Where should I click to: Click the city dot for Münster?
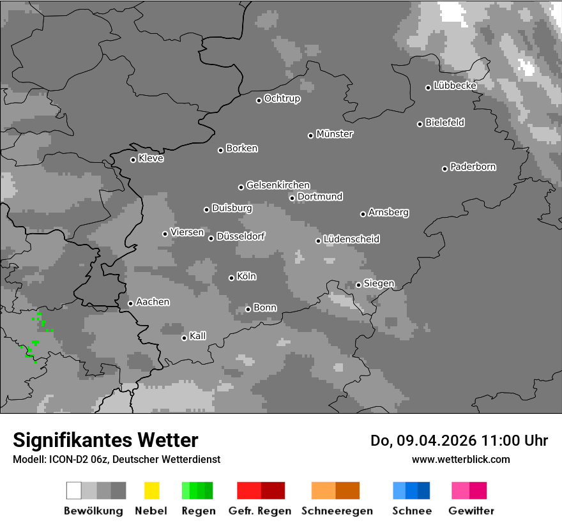click(311, 135)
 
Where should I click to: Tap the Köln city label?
click(247, 276)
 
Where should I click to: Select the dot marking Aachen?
click(130, 303)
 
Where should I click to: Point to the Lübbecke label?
click(455, 86)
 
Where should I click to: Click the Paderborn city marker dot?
click(445, 169)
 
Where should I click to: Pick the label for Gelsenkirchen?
click(278, 185)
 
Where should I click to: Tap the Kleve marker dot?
click(133, 160)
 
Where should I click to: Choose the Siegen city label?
click(379, 284)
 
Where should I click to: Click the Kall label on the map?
click(198, 336)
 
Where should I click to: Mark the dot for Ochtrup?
click(259, 100)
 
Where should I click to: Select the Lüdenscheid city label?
click(351, 239)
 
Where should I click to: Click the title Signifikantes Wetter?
click(105, 441)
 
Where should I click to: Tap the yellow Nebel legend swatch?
click(151, 490)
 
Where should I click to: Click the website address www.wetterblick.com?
click(460, 459)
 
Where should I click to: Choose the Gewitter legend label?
click(471, 511)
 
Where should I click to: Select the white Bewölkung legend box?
click(73, 490)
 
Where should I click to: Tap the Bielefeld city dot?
click(420, 124)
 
